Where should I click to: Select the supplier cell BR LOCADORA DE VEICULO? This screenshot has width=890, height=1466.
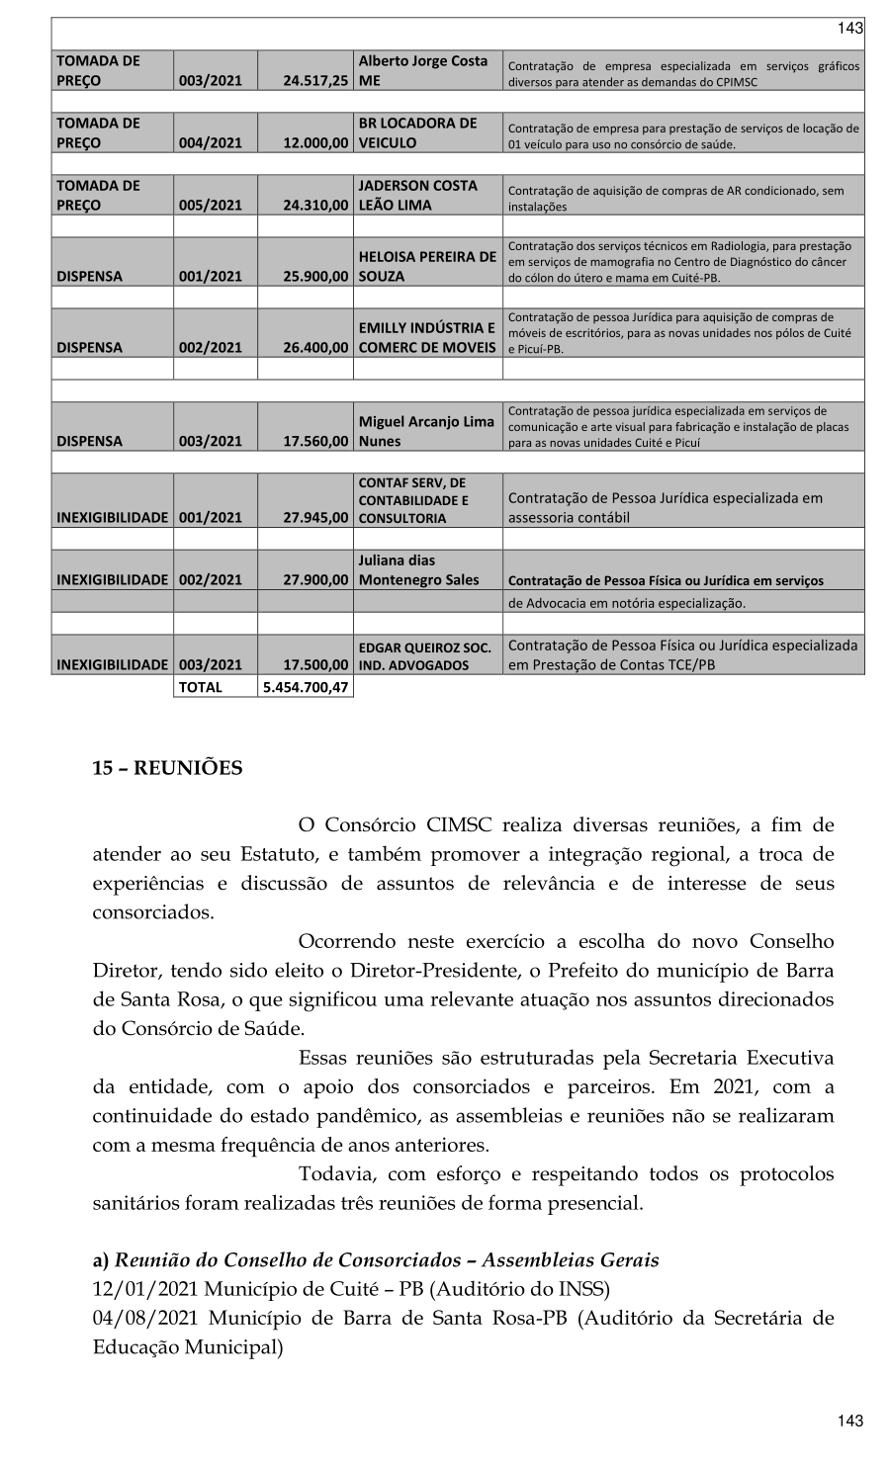click(x=425, y=132)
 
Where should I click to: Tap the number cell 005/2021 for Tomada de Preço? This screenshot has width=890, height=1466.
click(x=210, y=206)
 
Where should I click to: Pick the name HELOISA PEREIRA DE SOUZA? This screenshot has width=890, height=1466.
click(x=426, y=266)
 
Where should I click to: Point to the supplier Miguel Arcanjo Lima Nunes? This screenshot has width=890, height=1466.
click(x=426, y=431)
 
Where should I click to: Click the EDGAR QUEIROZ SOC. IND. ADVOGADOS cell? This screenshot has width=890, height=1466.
click(x=426, y=656)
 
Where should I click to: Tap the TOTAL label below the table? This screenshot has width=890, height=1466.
click(x=200, y=687)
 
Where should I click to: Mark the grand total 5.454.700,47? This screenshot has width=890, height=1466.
click(x=305, y=687)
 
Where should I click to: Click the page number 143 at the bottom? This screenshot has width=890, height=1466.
click(x=849, y=1421)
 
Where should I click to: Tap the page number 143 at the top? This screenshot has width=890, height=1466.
click(x=849, y=28)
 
